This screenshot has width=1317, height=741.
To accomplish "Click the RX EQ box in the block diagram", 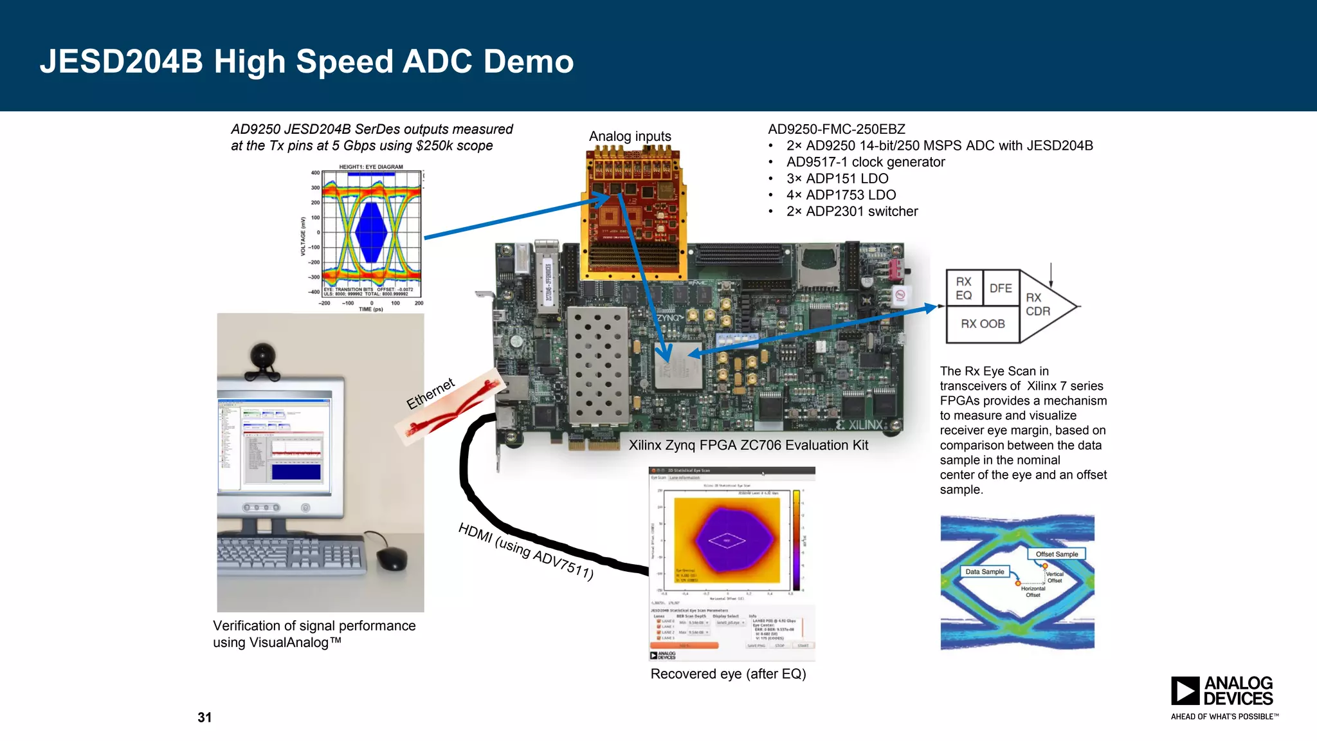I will pyautogui.click(x=963, y=288).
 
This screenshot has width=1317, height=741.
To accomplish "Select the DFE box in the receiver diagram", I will pyautogui.click(x=1000, y=288).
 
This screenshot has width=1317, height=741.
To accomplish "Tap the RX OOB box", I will pyautogui.click(x=982, y=324).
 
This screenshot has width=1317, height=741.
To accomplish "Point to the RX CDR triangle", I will pyautogui.click(x=1040, y=305).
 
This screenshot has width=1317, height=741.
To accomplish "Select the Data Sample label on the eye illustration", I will pyautogui.click(x=984, y=571).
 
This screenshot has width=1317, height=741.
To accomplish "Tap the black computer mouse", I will pyautogui.click(x=392, y=558).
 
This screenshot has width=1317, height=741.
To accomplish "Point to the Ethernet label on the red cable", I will pyautogui.click(x=430, y=393).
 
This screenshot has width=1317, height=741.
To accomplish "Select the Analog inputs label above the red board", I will pyautogui.click(x=630, y=136).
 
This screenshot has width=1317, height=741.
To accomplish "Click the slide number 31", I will pyautogui.click(x=204, y=717).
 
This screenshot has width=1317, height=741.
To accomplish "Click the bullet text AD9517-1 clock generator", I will pyautogui.click(x=865, y=162).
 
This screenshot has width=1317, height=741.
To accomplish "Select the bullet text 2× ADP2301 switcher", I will pyautogui.click(x=851, y=212).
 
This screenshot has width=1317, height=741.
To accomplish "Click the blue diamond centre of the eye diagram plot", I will pyautogui.click(x=371, y=232).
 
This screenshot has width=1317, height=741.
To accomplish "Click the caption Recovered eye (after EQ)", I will pyautogui.click(x=728, y=673).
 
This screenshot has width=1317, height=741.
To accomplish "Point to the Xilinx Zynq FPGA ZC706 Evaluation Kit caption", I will pyautogui.click(x=748, y=445).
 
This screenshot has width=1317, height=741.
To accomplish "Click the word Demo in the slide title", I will pyautogui.click(x=528, y=62).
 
